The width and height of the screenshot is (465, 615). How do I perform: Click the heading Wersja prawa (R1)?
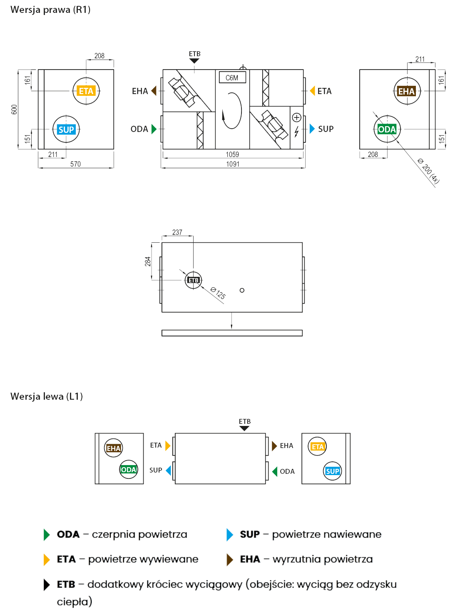(x=50, y=10)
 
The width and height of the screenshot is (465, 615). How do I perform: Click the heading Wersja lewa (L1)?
(x=47, y=396)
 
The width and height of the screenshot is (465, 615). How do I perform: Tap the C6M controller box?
(x=232, y=78)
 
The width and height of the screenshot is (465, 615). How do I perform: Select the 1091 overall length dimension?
(x=233, y=164)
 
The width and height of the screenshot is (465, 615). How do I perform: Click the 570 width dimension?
(x=75, y=164)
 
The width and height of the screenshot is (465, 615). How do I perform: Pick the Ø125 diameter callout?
(x=218, y=293)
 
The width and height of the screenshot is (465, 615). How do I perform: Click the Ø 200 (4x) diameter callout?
(x=428, y=171)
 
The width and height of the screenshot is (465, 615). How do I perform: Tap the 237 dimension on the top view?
(x=177, y=232)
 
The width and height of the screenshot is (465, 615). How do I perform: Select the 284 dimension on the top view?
(x=148, y=261)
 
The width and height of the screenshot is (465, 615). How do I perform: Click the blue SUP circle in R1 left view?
(x=66, y=129)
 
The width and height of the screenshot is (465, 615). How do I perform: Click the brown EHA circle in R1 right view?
(x=407, y=91)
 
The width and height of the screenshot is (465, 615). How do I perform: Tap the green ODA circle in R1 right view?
(x=387, y=129)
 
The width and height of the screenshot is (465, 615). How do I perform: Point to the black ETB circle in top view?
(x=194, y=280)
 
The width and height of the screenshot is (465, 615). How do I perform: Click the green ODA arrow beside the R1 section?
(x=154, y=129)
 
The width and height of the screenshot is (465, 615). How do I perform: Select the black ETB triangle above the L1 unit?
(x=245, y=428)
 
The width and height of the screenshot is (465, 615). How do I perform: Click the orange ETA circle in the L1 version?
(x=318, y=447)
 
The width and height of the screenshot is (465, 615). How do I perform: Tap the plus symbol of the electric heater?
(x=296, y=117)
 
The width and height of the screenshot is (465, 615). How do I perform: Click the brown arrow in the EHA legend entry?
(x=230, y=560)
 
